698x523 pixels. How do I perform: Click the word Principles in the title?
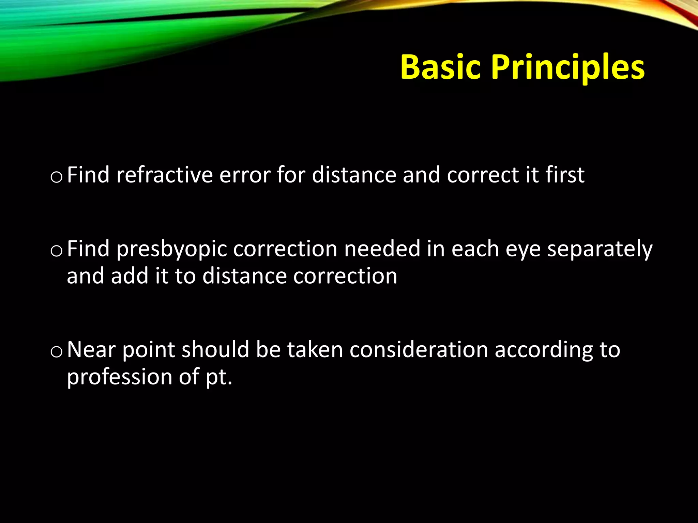tap(567, 67)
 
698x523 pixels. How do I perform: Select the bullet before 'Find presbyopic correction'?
tap(56, 251)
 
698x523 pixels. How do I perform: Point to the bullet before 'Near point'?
tap(56, 352)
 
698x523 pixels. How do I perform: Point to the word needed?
tap(382, 249)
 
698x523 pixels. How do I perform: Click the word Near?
tap(91, 350)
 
